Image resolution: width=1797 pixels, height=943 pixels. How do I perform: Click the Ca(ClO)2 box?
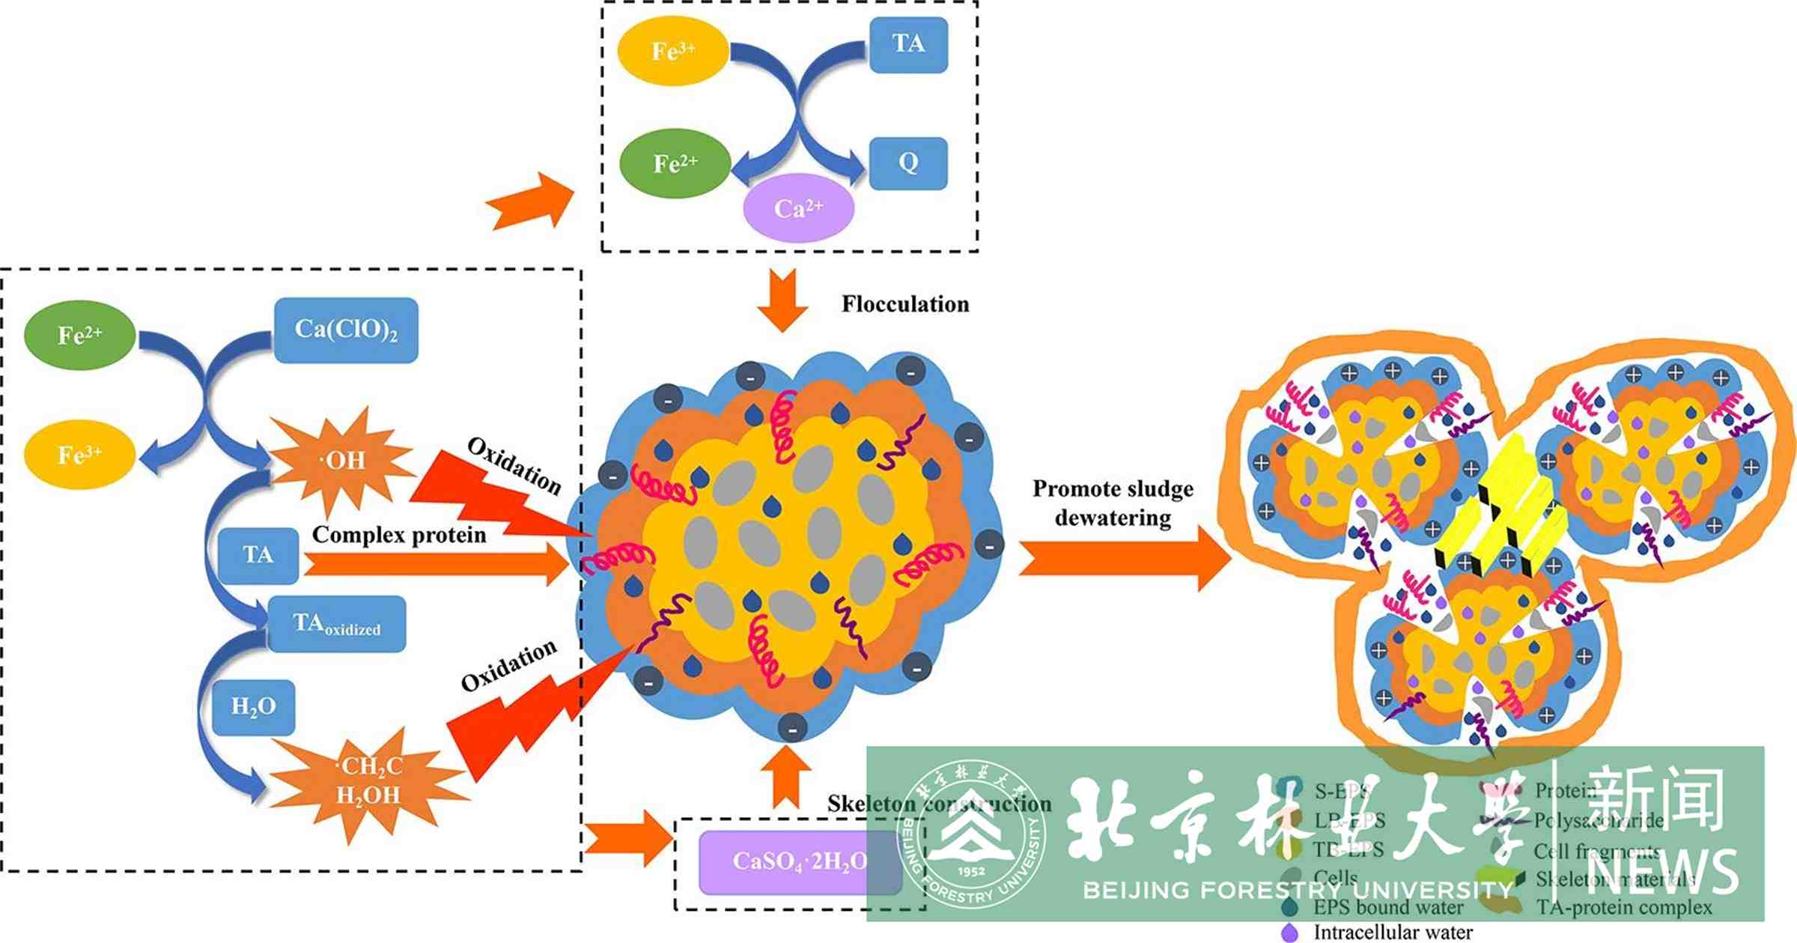(x=346, y=330)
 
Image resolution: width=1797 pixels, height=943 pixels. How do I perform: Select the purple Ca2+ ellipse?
(x=798, y=208)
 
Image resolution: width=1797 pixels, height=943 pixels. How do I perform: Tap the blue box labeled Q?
(x=908, y=163)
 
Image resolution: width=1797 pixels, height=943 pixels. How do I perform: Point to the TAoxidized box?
(x=337, y=624)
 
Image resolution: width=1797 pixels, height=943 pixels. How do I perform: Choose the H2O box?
(x=253, y=706)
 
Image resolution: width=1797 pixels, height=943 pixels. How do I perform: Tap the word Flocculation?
(x=904, y=304)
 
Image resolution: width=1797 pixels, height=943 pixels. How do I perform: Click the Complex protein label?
(x=399, y=535)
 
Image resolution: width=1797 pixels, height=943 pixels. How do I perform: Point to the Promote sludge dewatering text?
(x=1113, y=503)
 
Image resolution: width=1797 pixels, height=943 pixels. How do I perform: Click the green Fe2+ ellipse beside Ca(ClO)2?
(x=80, y=335)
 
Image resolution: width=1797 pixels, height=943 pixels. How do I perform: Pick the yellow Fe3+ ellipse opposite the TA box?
(x=672, y=51)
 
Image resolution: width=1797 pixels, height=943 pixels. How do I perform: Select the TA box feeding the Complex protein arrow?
(x=258, y=555)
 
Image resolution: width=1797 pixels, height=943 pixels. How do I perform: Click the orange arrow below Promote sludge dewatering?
(x=1123, y=559)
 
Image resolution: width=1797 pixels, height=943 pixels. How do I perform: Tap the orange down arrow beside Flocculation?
(x=782, y=300)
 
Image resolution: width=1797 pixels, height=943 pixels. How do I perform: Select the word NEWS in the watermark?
(x=1663, y=872)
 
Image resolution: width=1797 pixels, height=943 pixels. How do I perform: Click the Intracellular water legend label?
(x=1393, y=933)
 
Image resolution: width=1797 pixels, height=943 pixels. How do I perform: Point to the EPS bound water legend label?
(x=1388, y=907)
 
